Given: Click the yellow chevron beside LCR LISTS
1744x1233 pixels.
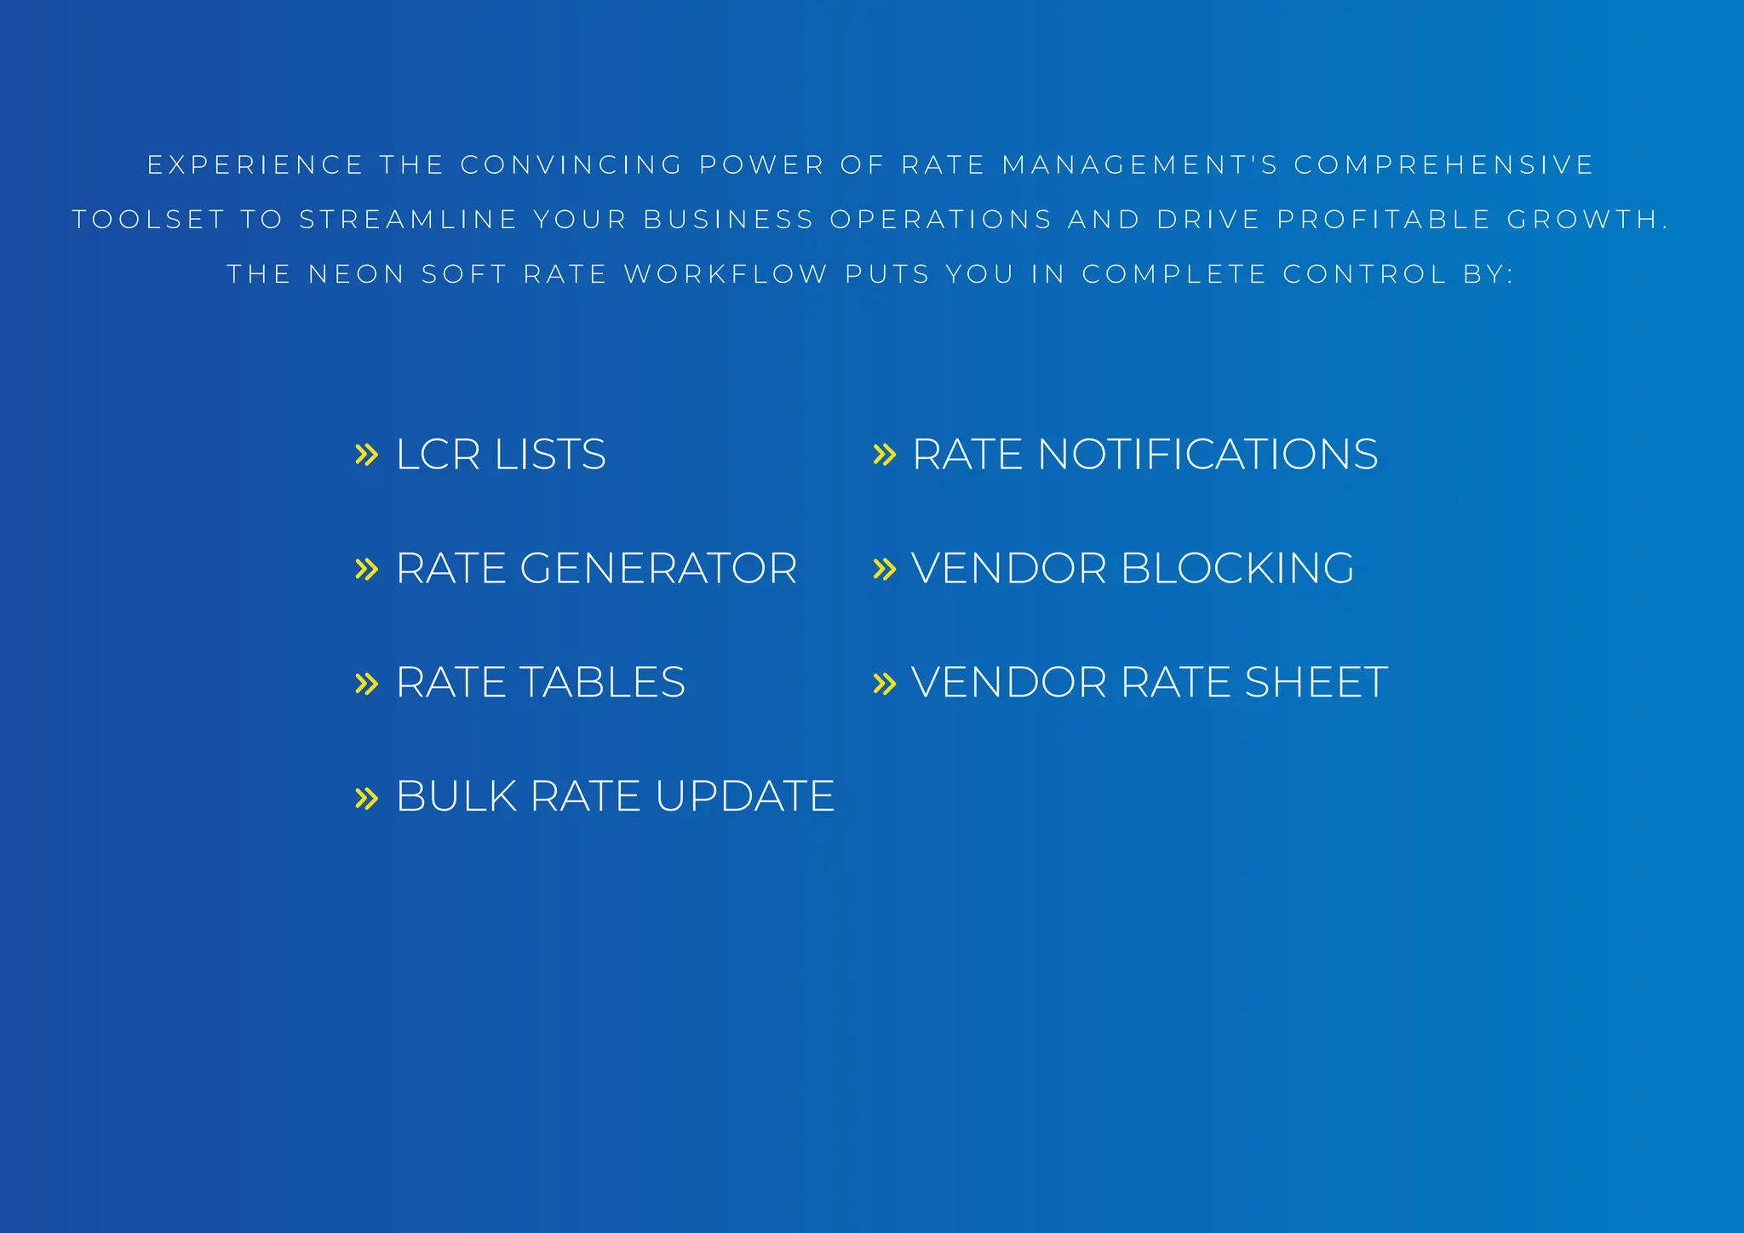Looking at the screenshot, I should pyautogui.click(x=366, y=455).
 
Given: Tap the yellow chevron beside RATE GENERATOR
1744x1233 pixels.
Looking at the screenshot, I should pyautogui.click(x=366, y=569).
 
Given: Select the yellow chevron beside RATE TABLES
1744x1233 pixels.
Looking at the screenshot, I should pyautogui.click(x=366, y=683).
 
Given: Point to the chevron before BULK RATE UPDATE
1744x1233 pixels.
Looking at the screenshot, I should pyautogui.click(x=366, y=798).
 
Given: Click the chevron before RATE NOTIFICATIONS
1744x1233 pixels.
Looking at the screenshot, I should pyautogui.click(x=885, y=455).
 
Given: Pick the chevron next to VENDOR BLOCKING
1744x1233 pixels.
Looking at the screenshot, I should pyautogui.click(x=885, y=569).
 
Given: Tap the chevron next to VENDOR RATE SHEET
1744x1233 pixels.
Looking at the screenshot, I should pyautogui.click(x=885, y=683).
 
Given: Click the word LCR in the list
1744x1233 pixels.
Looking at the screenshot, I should pyautogui.click(x=438, y=454).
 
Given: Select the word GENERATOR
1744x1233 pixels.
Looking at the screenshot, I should pyautogui.click(x=658, y=568).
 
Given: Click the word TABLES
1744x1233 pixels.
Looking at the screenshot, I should pyautogui.click(x=601, y=682).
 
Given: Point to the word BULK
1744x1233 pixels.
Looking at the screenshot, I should pyautogui.click(x=456, y=796).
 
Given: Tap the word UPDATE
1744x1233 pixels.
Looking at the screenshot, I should pyautogui.click(x=744, y=796).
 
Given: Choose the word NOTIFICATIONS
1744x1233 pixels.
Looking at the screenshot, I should pyautogui.click(x=1208, y=454).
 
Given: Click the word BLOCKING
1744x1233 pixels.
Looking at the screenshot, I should pyautogui.click(x=1237, y=568).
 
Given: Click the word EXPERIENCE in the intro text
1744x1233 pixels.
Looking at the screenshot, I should pyautogui.click(x=255, y=164).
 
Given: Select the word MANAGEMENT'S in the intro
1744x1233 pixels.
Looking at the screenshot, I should pyautogui.click(x=1140, y=164).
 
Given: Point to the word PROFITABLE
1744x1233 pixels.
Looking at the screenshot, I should pyautogui.click(x=1384, y=220).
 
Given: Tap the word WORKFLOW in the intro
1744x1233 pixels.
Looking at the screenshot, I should pyautogui.click(x=726, y=274).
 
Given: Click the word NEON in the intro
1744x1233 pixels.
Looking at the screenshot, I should pyautogui.click(x=356, y=274).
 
